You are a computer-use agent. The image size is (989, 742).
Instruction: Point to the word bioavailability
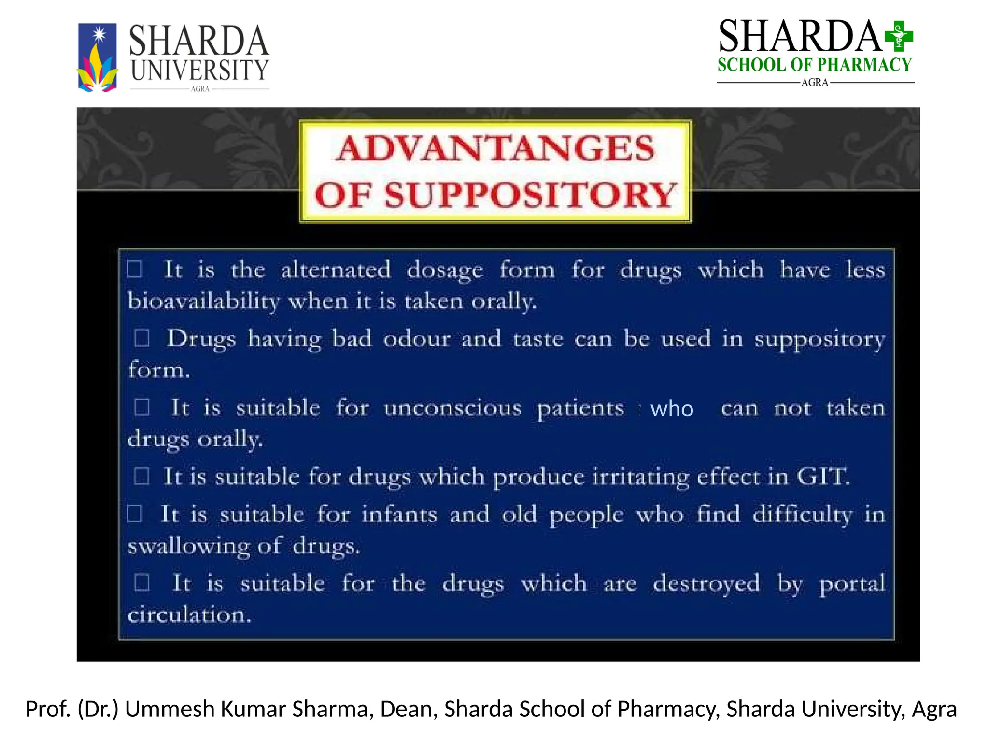tap(203, 301)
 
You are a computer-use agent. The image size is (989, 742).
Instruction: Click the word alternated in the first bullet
tap(336, 270)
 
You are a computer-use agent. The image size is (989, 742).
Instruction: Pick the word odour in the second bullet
tap(417, 338)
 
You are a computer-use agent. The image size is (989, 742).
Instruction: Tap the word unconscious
tap(452, 408)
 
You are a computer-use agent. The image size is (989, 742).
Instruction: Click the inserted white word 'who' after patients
tap(671, 409)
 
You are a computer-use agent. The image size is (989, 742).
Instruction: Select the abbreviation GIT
tap(822, 476)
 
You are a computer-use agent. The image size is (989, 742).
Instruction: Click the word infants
tap(399, 514)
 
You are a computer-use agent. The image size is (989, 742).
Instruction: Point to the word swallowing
tap(189, 546)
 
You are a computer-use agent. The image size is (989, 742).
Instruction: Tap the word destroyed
tap(706, 583)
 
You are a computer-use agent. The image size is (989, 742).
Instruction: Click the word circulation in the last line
tap(189, 615)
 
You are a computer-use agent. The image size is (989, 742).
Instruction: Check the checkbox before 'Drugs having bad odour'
tap(142, 338)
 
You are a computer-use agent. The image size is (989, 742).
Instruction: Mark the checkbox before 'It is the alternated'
tap(134, 269)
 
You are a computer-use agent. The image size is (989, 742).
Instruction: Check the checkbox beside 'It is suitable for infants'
tap(134, 514)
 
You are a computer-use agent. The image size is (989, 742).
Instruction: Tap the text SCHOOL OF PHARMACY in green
tap(814, 65)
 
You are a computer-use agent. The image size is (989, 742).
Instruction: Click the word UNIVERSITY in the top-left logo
tap(199, 71)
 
